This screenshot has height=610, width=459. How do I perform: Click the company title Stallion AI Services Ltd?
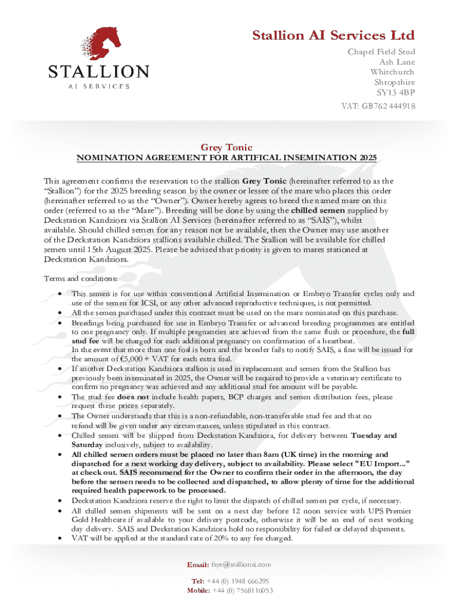(x=334, y=35)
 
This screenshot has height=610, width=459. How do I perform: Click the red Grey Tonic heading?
(x=226, y=147)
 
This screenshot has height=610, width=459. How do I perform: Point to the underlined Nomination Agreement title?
(x=226, y=158)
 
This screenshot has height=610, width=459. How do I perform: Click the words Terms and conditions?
(x=81, y=278)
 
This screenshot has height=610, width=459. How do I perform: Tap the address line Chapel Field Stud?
(x=382, y=52)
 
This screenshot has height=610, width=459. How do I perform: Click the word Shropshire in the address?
(x=395, y=82)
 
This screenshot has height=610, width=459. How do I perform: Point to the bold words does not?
(x=133, y=396)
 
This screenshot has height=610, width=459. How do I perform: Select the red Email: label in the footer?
(x=197, y=564)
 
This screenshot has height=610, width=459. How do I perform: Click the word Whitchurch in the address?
(x=393, y=72)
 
